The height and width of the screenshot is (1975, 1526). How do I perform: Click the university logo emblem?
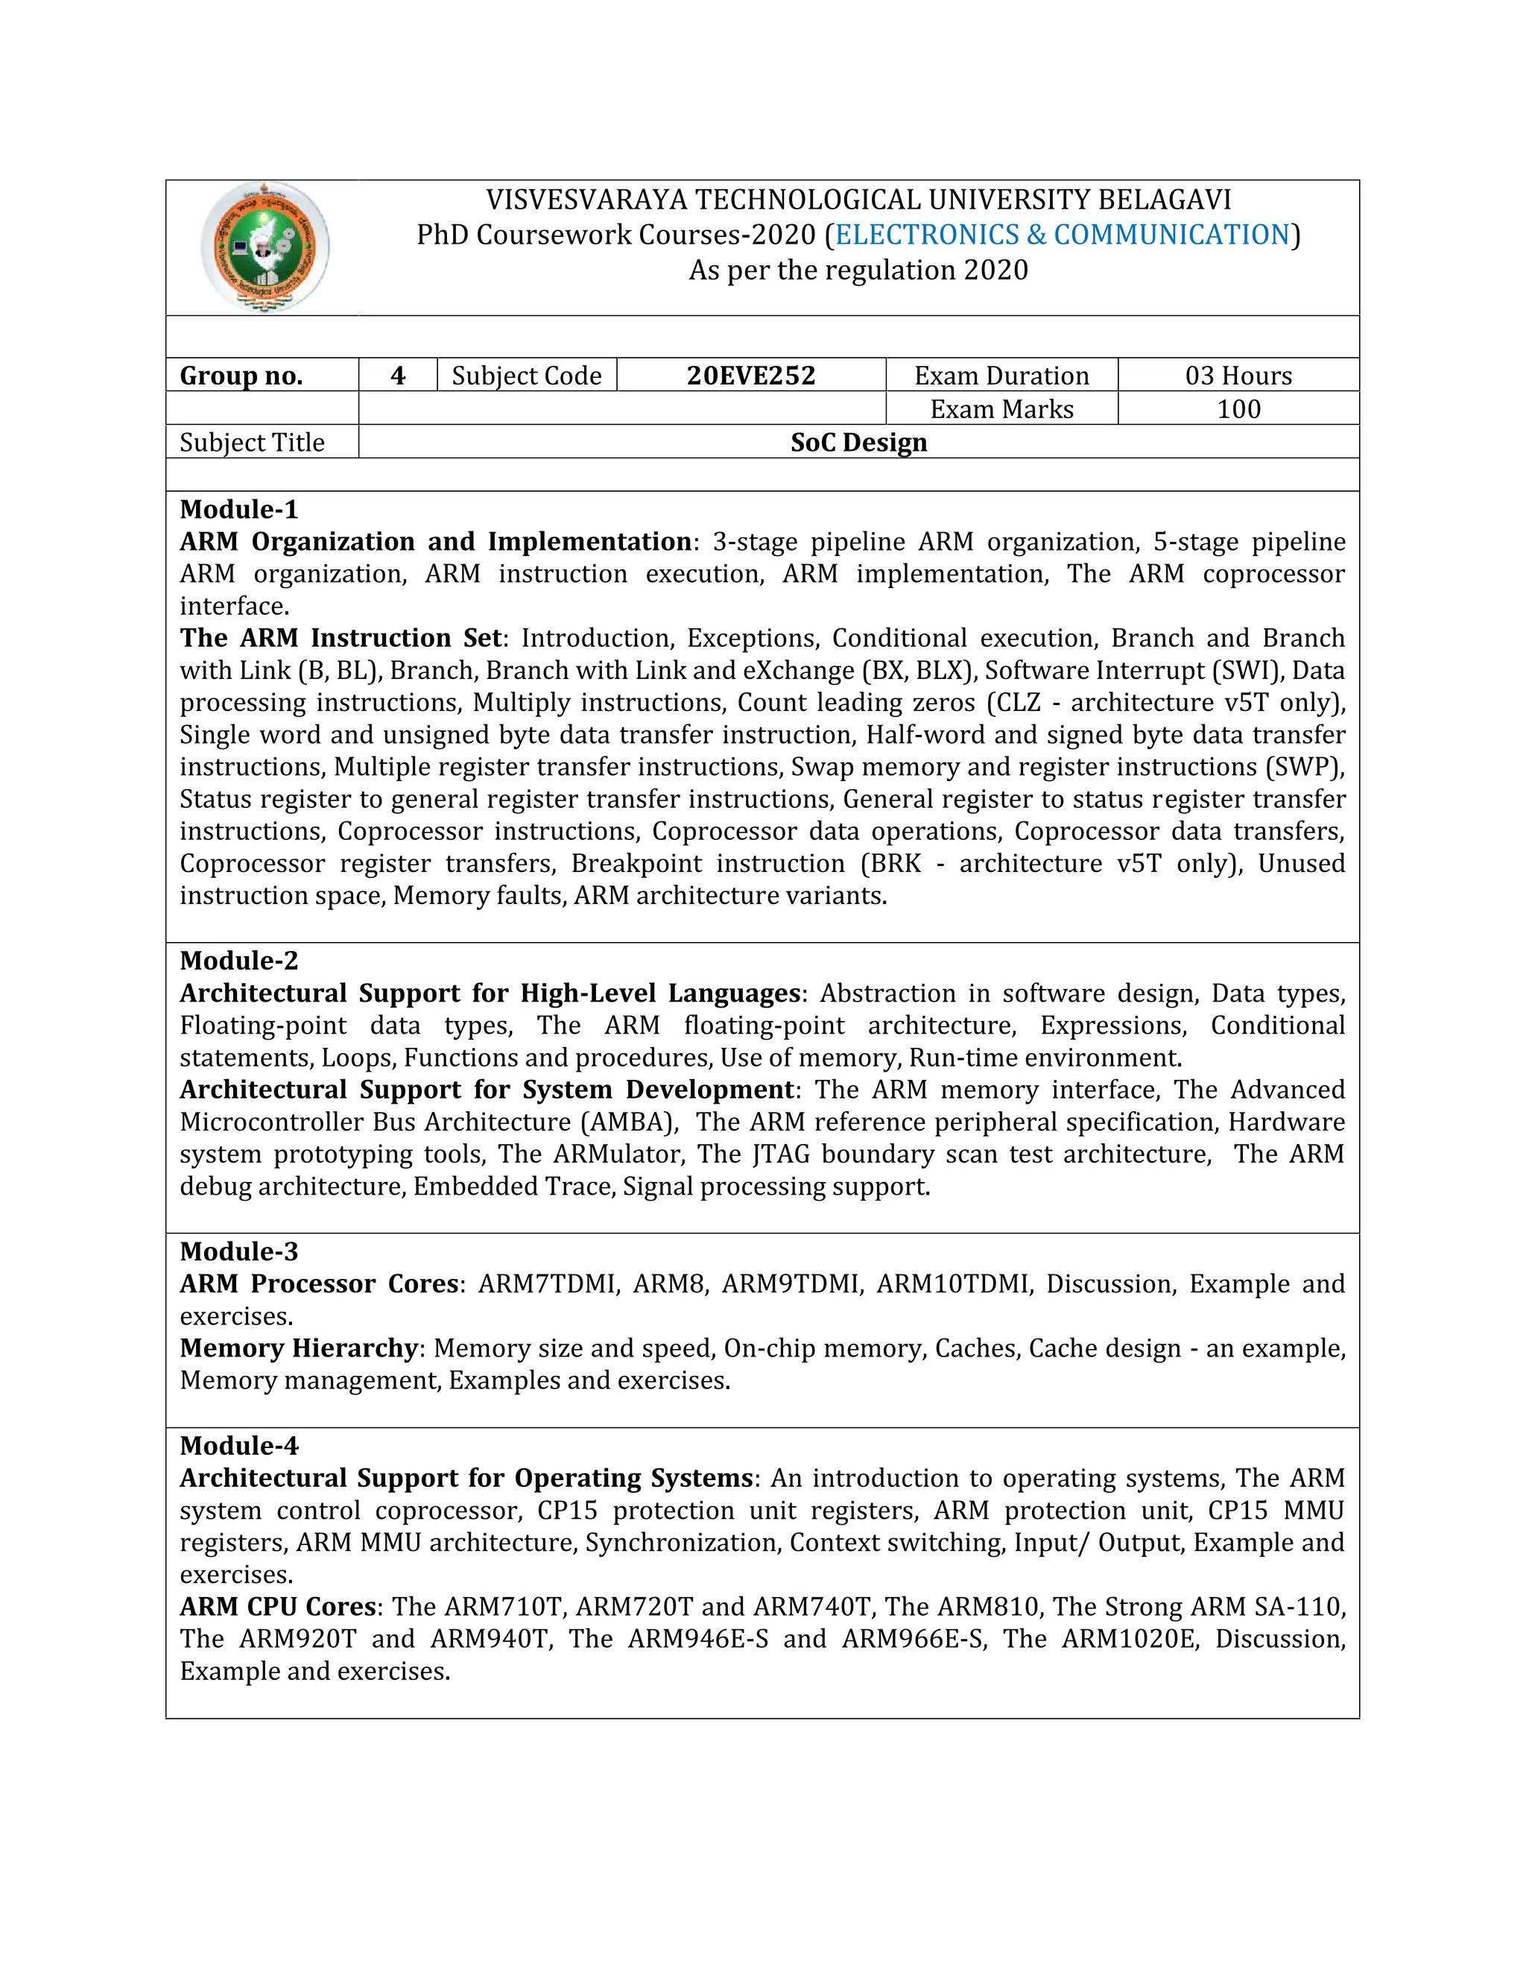click(264, 247)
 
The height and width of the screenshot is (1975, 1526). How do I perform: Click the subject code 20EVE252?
click(750, 376)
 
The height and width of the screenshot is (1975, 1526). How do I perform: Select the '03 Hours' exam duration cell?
click(1238, 376)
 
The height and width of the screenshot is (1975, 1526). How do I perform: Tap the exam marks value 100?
click(1238, 408)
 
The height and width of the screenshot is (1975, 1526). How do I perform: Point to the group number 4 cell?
click(398, 376)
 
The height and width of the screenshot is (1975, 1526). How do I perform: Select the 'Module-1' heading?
click(238, 509)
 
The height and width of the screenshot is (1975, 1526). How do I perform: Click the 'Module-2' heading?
click(238, 961)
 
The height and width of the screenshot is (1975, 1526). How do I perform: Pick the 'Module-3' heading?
click(238, 1251)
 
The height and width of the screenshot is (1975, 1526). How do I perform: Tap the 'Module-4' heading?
click(238, 1446)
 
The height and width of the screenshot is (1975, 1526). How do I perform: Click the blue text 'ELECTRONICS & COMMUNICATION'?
click(1063, 234)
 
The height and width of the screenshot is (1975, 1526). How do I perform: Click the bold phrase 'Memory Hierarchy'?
click(298, 1348)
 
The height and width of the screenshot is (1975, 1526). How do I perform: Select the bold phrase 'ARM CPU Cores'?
click(277, 1607)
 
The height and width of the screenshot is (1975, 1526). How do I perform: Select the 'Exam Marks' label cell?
click(1001, 408)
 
